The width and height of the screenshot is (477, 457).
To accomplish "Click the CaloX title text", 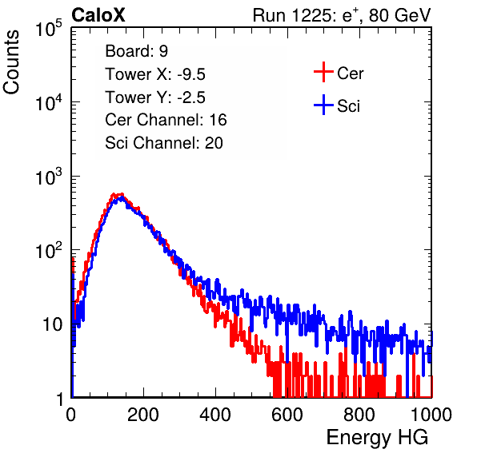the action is (x=98, y=15).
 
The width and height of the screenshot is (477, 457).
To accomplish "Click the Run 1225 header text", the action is (x=342, y=15).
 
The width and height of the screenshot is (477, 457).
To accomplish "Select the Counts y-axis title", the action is (x=11, y=62).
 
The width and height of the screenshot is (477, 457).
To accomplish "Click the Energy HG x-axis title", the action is (x=377, y=438).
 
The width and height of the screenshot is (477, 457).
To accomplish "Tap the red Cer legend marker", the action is (x=323, y=72).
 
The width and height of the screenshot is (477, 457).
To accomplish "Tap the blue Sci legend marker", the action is (x=323, y=105).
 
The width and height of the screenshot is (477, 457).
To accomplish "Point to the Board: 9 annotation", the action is (x=137, y=51).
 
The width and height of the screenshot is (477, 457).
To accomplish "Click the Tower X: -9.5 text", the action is (x=155, y=74).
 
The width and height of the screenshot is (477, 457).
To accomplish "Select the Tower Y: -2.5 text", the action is (x=155, y=97).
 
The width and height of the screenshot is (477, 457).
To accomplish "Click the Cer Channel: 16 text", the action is (x=166, y=120).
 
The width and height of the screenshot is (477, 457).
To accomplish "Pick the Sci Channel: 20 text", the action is (x=164, y=143).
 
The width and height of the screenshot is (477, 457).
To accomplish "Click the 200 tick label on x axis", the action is (x=143, y=415).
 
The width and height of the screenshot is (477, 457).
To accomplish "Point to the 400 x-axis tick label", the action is (x=215, y=415).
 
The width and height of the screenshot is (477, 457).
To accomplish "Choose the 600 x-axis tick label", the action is (x=287, y=415).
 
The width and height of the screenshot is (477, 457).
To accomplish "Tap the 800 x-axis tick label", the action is (x=359, y=415).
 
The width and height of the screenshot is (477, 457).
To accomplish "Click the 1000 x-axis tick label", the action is (x=431, y=415).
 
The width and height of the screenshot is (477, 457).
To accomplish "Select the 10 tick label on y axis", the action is (x=53, y=324).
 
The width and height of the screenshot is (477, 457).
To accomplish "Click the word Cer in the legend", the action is (x=350, y=74).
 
